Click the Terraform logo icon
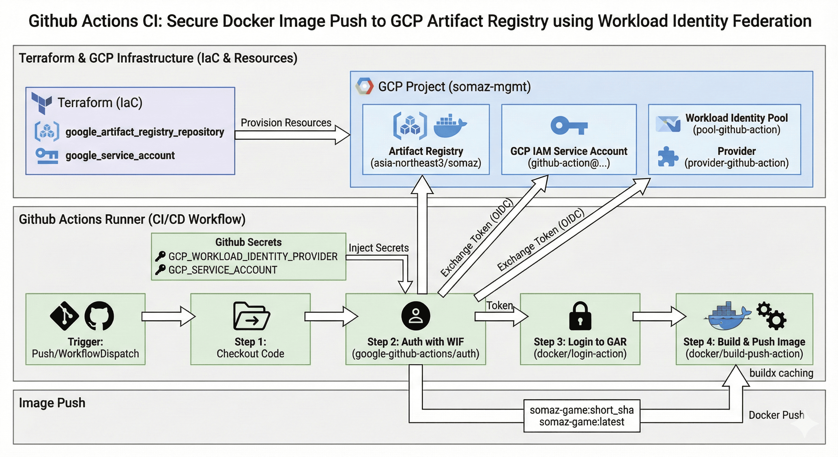42,102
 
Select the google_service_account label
120,156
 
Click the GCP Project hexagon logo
364,86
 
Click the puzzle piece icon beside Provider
667,157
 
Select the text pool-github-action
737,130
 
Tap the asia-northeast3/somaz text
426,163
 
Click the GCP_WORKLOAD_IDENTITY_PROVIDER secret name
253,257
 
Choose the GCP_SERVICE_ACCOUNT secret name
223,270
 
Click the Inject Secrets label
378,248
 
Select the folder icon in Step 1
251,316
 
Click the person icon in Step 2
415,316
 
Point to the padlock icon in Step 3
580,316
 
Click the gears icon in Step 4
771,315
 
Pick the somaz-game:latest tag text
582,422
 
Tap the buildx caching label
781,373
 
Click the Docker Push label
776,415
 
